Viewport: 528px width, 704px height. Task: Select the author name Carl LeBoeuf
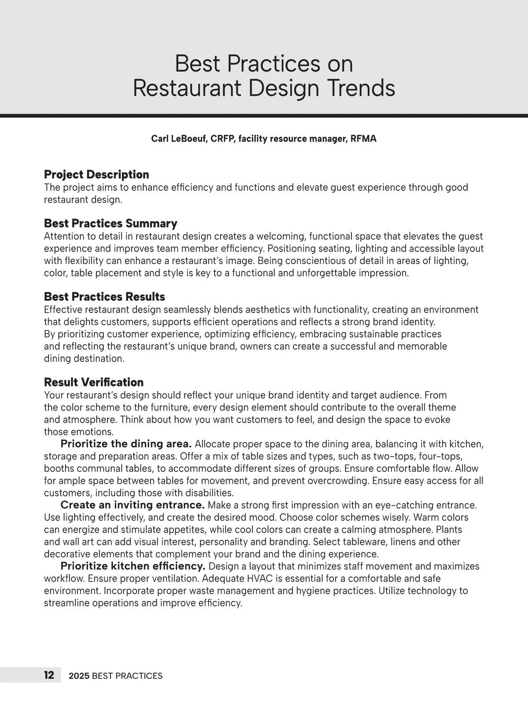pos(178,139)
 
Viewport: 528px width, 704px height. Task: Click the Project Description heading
pos(96,174)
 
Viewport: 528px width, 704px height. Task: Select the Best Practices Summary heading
pos(110,223)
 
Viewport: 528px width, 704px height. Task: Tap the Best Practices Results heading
pos(104,296)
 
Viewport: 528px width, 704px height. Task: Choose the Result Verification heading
pos(94,382)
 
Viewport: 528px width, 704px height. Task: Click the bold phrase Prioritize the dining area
pos(126,444)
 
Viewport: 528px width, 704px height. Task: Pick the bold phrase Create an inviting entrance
pos(132,505)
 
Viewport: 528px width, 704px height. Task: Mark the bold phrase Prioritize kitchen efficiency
pos(133,566)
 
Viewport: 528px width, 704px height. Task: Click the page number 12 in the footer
pos(49,675)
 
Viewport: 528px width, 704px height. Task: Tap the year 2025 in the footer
pos(79,676)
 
